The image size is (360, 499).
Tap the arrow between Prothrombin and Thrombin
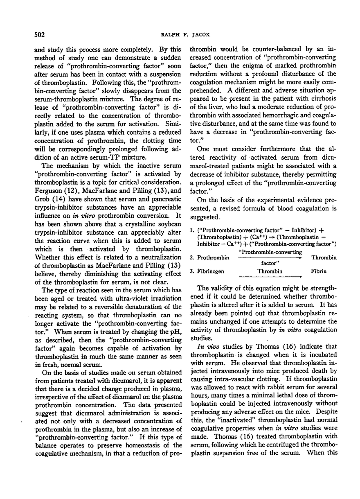click(270, 258)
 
